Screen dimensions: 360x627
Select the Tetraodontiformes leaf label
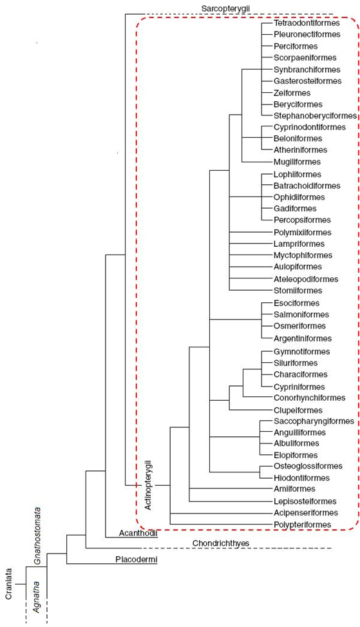[x=307, y=23]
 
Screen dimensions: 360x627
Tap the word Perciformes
[x=296, y=46]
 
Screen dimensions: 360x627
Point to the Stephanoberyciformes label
[x=316, y=116]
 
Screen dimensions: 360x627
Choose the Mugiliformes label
[x=298, y=162]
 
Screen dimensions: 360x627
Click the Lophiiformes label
[x=298, y=175]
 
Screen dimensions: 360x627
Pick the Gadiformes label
[x=295, y=209]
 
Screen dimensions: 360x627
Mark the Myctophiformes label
[x=303, y=256]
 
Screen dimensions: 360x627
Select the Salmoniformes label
[x=301, y=314]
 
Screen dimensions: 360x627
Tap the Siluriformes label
[x=296, y=363]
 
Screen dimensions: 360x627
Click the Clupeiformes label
[x=298, y=410]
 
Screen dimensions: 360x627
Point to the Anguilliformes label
[x=299, y=432]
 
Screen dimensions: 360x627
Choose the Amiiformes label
[x=294, y=489]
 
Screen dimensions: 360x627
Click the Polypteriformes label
[x=303, y=525]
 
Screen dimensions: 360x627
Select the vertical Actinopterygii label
[x=148, y=486]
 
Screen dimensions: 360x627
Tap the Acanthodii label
[x=138, y=534]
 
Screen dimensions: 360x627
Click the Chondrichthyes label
[x=221, y=543]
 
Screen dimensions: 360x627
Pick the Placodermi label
[x=137, y=559]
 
